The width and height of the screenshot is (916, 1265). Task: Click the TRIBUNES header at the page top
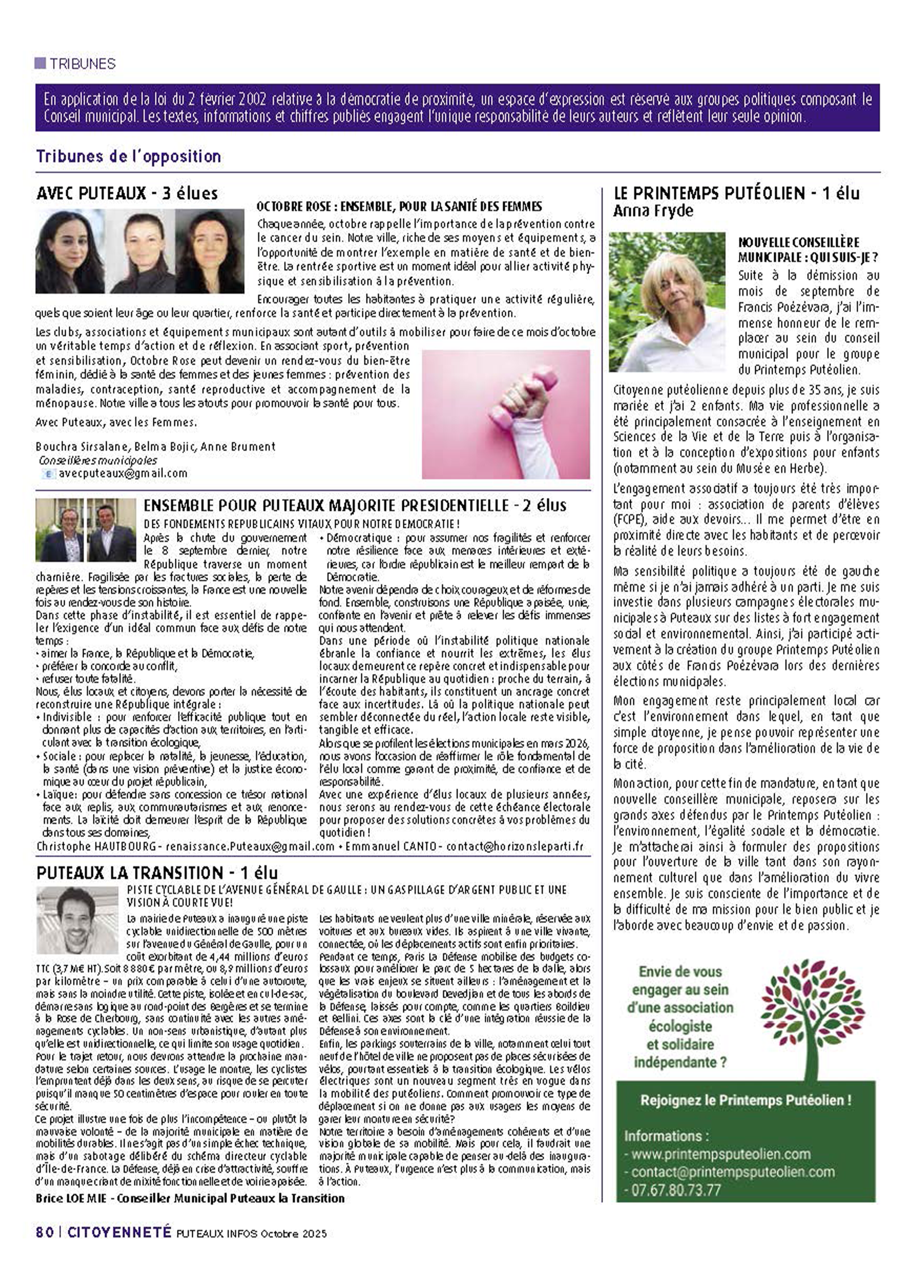click(x=82, y=64)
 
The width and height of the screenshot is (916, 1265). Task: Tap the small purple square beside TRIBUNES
click(x=40, y=63)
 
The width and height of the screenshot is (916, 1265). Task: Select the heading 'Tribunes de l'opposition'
click(x=129, y=156)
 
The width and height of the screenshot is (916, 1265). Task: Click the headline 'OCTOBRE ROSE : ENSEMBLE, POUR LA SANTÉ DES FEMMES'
click(x=399, y=207)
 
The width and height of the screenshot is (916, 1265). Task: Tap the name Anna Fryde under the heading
click(x=653, y=211)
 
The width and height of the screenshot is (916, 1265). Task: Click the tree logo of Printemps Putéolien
click(x=812, y=1016)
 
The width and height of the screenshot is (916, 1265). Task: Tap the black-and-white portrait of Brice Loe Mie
click(x=77, y=920)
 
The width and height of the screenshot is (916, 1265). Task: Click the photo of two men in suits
click(x=86, y=530)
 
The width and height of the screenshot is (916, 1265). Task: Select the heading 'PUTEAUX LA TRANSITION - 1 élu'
click(x=157, y=873)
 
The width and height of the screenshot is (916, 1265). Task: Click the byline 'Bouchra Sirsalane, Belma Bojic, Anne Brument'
click(x=155, y=447)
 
